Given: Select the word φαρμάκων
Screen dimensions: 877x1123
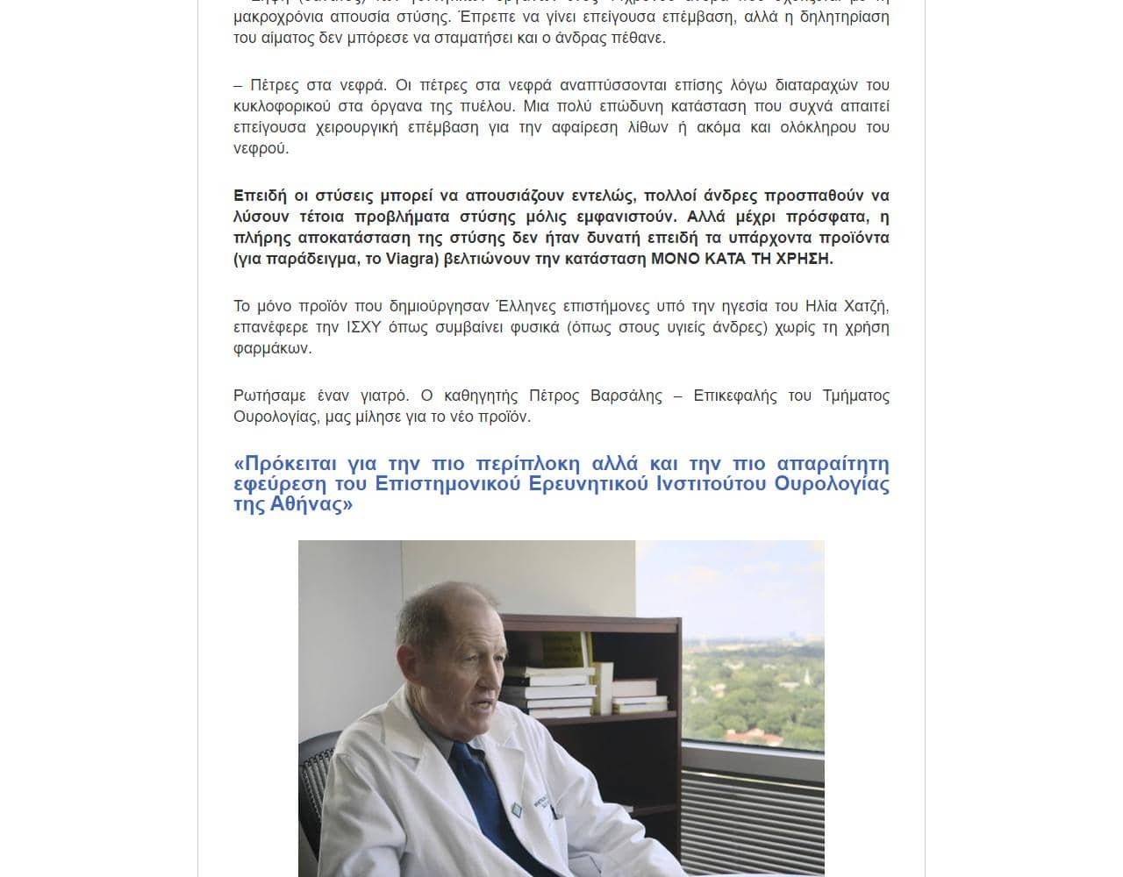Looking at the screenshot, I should [x=272, y=348].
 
